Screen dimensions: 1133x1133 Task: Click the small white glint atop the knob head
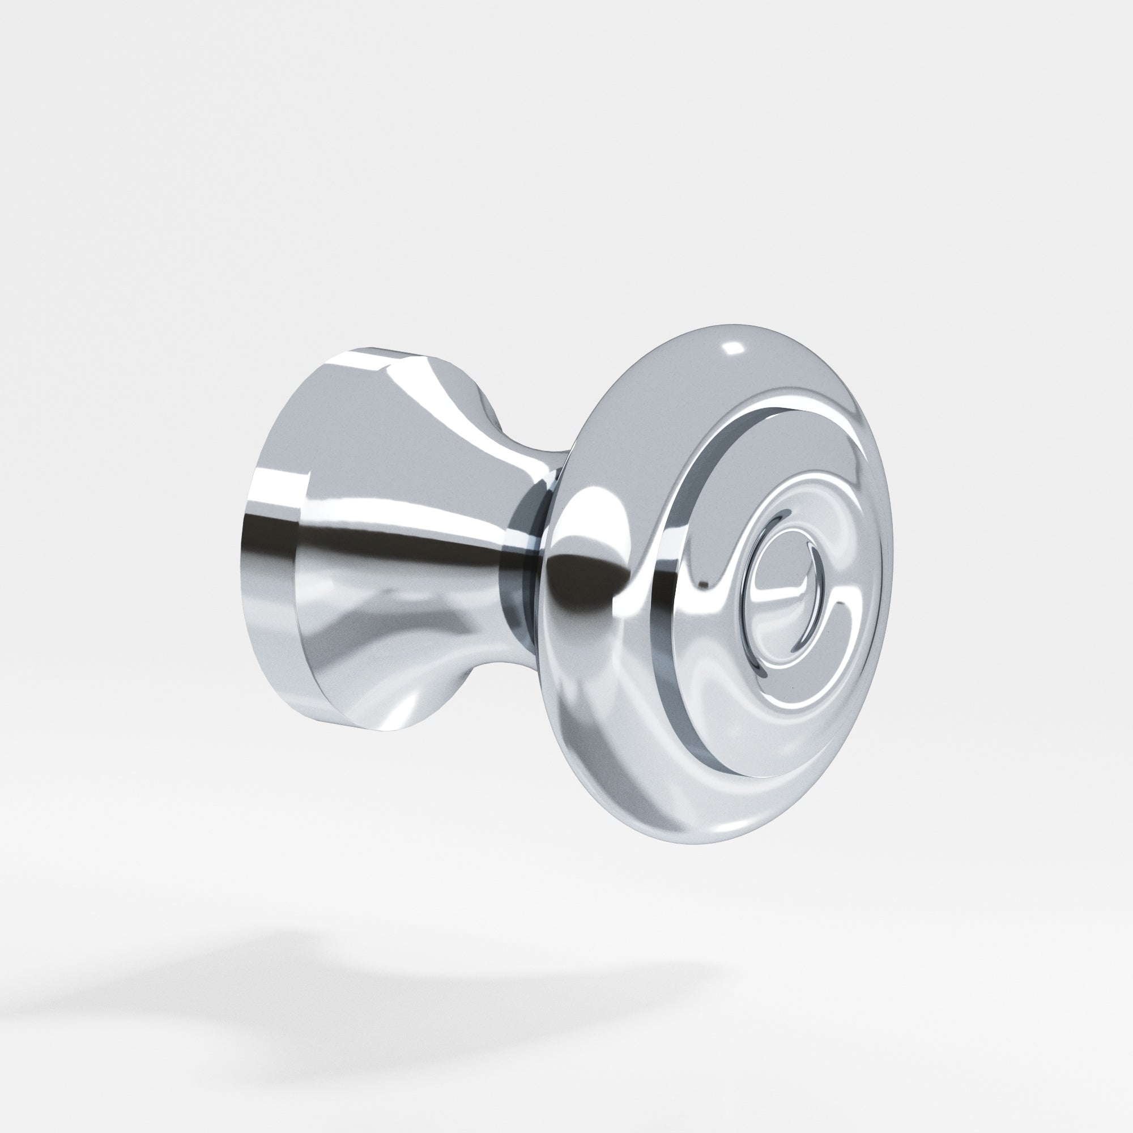click(x=733, y=348)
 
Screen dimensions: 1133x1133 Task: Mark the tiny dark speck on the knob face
click(x=793, y=685)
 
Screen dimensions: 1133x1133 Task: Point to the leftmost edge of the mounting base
click(x=241, y=546)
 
